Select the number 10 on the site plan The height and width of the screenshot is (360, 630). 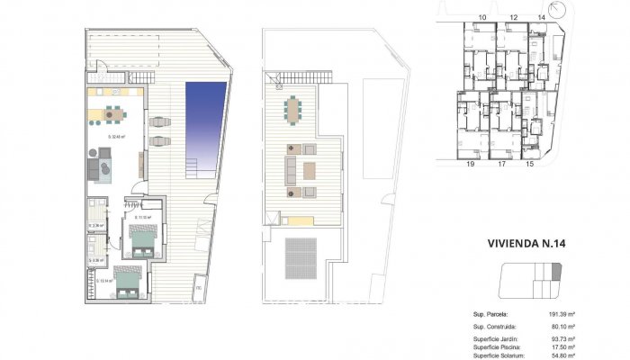pyautogui.click(x=482, y=17)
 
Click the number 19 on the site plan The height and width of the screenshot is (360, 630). pyautogui.click(x=471, y=165)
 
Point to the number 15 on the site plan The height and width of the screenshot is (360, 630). pyautogui.click(x=529, y=165)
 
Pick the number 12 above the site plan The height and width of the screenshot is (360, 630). pyautogui.click(x=513, y=17)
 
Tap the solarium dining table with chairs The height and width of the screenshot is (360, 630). pyautogui.click(x=293, y=111)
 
